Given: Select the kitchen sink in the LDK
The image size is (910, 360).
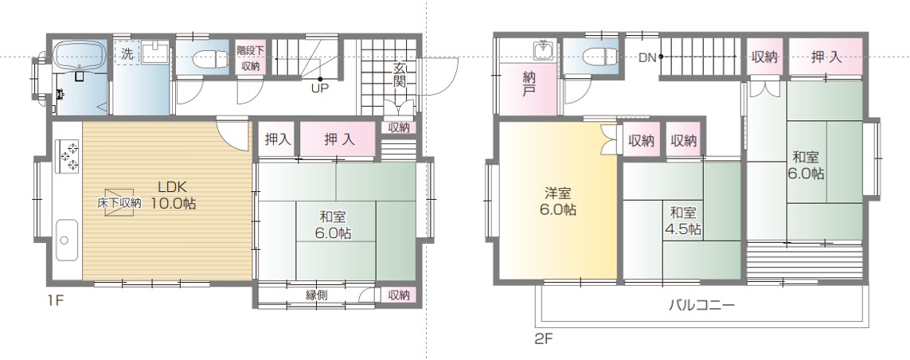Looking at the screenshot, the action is (68, 241).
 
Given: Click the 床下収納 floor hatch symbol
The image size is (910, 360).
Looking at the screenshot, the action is (119, 202).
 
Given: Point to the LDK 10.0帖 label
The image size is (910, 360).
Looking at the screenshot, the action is (172, 195).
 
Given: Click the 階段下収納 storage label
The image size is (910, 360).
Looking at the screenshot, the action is (251, 58).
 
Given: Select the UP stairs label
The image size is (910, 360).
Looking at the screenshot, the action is (319, 89).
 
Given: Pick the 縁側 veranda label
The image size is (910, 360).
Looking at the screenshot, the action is (316, 295).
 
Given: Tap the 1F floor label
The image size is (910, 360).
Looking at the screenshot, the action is (55, 301).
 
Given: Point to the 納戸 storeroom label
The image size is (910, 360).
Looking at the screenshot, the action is (529, 84).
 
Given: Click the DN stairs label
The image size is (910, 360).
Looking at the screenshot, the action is (647, 57).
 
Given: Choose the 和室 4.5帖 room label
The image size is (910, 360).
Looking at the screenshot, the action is (682, 221).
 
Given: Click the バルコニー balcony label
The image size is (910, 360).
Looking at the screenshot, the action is (701, 305).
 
